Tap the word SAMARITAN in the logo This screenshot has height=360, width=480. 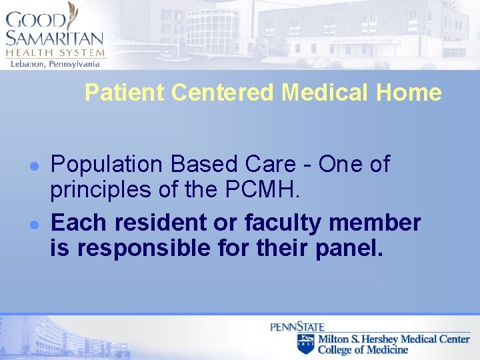[55, 39]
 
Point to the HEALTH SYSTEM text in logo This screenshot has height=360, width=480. [55, 53]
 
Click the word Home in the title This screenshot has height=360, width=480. [409, 93]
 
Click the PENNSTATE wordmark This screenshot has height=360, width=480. [297, 327]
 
